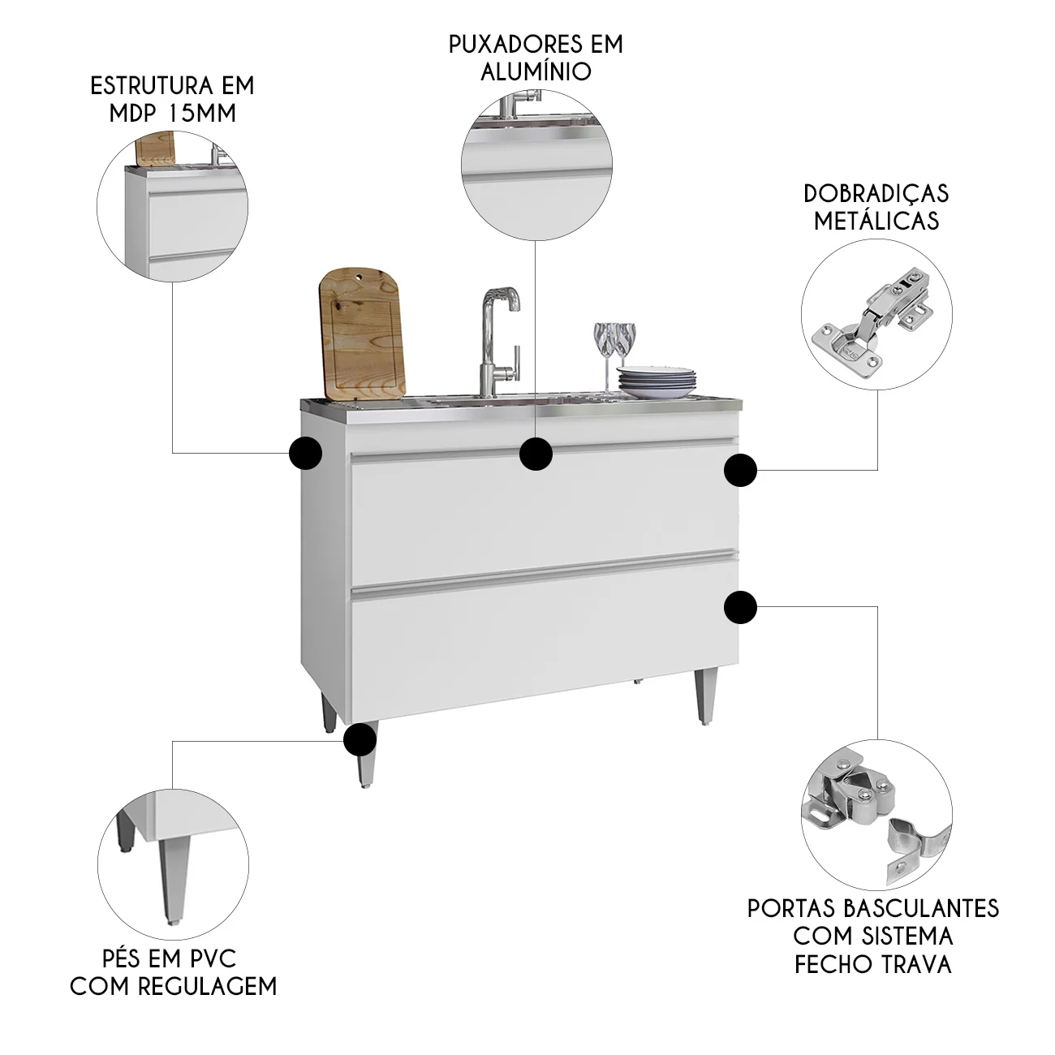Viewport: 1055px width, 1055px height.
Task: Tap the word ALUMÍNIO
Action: click(x=536, y=71)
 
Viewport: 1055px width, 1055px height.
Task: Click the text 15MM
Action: click(x=202, y=114)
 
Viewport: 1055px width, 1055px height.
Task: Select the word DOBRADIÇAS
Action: click(x=876, y=193)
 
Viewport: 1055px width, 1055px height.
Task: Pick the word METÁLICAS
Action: click(x=876, y=220)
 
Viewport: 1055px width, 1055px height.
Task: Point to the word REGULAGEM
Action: click(x=207, y=986)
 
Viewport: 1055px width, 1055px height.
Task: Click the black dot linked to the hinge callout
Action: click(x=740, y=470)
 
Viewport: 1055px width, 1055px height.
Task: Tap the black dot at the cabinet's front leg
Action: click(x=360, y=739)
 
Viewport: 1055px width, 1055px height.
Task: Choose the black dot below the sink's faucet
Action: click(x=536, y=454)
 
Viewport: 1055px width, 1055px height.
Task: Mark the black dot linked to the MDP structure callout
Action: click(x=305, y=453)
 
